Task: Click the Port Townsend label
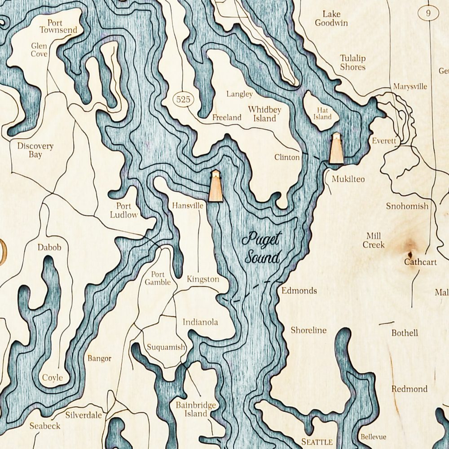point(58,26)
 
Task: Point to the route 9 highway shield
point(429,13)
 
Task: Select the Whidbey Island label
point(264,114)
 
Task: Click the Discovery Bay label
point(35,150)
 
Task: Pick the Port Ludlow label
point(123,210)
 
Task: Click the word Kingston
point(203,279)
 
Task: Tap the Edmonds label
point(299,291)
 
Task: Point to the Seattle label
point(317,441)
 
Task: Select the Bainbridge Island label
point(196,410)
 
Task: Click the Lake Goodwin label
point(331,18)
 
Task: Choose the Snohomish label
point(407,206)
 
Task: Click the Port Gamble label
point(158,278)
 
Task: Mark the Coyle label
point(53,378)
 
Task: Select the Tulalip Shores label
point(352,62)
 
